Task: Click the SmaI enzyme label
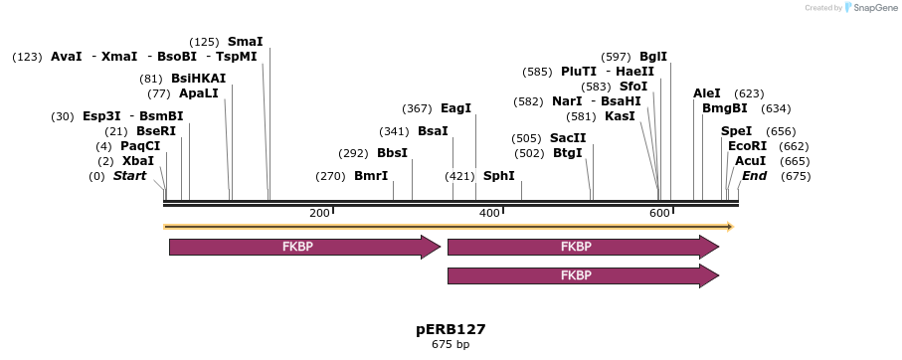click(x=246, y=42)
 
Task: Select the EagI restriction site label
click(x=455, y=108)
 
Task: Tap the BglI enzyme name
click(x=653, y=57)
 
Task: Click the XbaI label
click(x=138, y=161)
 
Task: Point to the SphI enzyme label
click(x=499, y=176)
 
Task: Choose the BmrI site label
click(x=371, y=176)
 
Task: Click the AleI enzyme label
click(x=707, y=93)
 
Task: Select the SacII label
click(x=568, y=138)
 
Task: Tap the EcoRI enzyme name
click(x=748, y=146)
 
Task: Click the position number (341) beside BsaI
click(x=394, y=131)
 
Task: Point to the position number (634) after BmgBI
click(x=776, y=108)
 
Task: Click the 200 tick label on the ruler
click(x=319, y=214)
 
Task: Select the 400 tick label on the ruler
click(x=489, y=214)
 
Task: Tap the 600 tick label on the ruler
click(x=659, y=214)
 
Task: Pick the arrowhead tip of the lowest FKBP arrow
click(x=718, y=275)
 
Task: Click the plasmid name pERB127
click(x=451, y=329)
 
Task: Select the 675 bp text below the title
click(x=451, y=345)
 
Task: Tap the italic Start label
click(x=129, y=176)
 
